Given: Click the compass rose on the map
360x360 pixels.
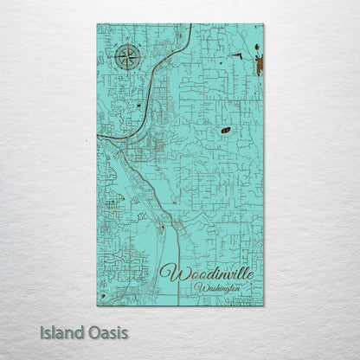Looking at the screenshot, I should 127,58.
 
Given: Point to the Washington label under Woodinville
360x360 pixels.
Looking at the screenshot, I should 217,288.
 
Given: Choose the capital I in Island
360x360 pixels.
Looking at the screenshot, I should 42,331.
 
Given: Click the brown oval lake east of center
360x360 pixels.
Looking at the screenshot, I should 226,130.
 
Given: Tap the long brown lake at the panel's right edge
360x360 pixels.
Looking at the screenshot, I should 258,63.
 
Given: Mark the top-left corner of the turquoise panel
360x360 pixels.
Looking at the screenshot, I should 97,24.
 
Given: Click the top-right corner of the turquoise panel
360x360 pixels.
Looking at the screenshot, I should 263,24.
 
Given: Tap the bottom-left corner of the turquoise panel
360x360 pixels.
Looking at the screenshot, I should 97,305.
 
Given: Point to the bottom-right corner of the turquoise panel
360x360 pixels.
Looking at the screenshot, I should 263,305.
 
